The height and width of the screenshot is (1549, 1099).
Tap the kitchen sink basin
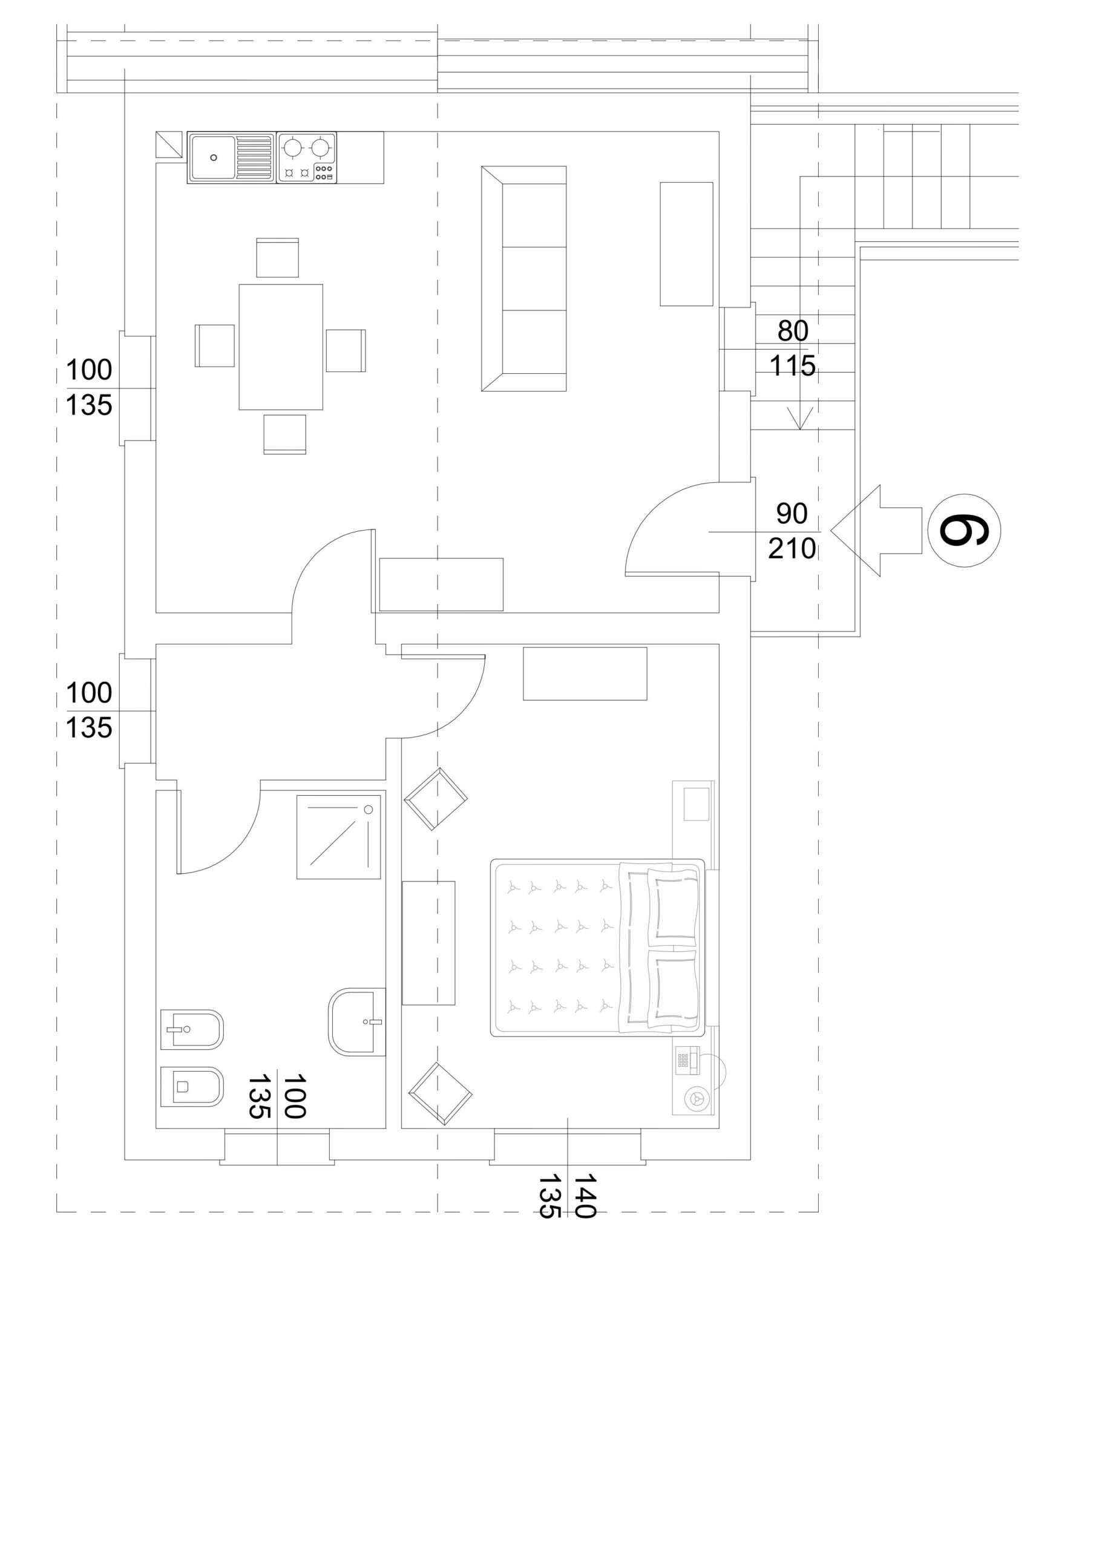213,157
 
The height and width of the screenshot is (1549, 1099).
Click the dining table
281,347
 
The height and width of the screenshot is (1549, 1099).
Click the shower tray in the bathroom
338,837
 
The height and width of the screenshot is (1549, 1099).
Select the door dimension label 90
792,514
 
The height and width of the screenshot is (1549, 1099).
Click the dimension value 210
792,549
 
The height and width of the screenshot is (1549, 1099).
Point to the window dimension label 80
793,331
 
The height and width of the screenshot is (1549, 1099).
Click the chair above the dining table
277,257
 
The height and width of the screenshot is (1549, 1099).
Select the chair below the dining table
285,434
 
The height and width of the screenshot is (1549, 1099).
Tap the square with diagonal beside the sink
169,145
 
